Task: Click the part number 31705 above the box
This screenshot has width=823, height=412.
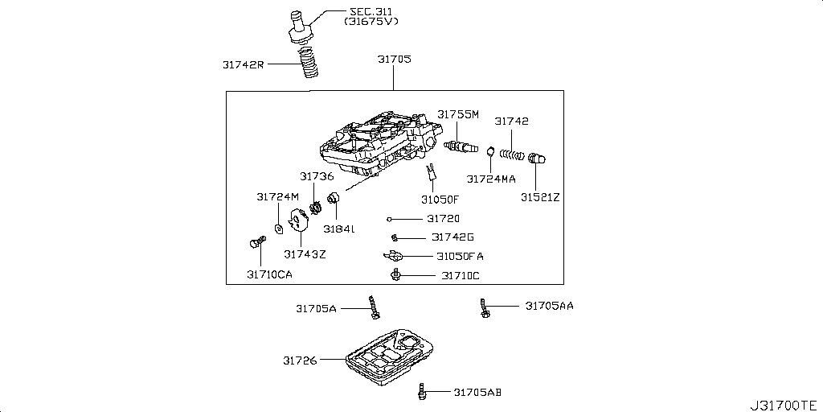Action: tap(394, 59)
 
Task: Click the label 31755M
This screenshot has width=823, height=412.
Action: tap(458, 115)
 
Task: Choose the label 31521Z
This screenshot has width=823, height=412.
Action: tap(539, 196)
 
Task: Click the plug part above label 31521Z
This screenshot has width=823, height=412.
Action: tap(538, 160)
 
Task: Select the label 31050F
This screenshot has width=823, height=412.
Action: tap(440, 200)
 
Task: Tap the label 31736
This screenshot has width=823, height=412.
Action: tap(317, 176)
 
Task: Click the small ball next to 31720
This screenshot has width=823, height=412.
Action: tap(389, 218)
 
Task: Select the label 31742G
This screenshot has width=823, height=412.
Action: tap(452, 237)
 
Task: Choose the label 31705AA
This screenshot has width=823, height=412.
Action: tap(550, 306)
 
